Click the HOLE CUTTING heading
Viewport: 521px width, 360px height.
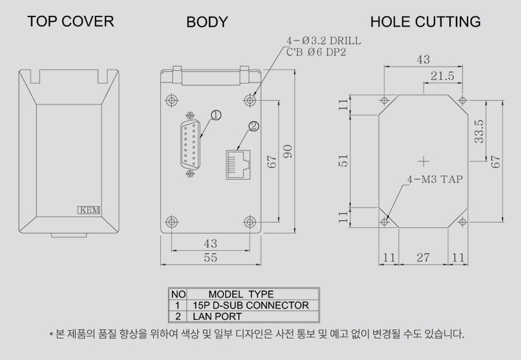point(426,22)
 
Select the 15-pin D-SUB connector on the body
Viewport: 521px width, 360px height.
point(190,145)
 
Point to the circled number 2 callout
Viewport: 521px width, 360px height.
point(254,126)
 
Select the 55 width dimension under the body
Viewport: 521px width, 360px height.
point(209,258)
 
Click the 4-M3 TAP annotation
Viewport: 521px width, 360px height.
point(435,179)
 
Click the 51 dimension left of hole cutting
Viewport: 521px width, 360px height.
point(342,162)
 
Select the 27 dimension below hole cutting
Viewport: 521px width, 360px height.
point(422,258)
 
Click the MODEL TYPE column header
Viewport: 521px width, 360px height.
point(241,295)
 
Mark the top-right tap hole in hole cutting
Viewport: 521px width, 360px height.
point(462,100)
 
